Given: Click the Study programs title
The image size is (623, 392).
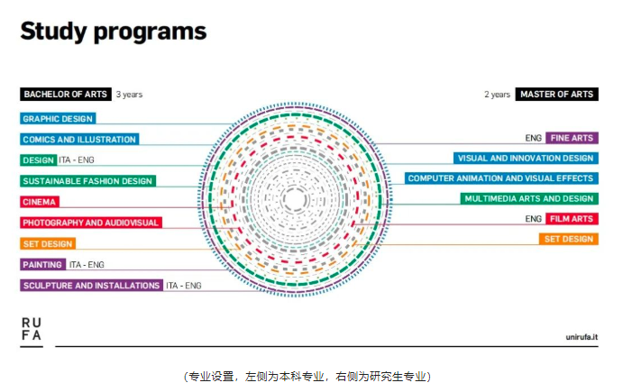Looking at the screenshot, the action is [114, 32].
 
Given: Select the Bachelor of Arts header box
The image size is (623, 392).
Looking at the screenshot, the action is [66, 94].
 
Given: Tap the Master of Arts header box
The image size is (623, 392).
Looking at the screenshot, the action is [556, 94].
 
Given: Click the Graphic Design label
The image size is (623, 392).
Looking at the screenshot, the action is [58, 118].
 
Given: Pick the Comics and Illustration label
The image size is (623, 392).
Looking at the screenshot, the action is [79, 139].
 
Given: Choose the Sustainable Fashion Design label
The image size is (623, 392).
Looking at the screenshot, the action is [87, 181].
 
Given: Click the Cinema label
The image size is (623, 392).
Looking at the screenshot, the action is [40, 201].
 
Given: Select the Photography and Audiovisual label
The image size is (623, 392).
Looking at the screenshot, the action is [91, 222].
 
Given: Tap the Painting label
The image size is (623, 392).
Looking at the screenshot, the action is [43, 264].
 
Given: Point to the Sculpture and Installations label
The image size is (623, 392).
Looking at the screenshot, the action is [91, 285].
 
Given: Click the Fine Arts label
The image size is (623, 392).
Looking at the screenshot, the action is [572, 138].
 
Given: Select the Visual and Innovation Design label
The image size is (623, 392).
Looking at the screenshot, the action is [526, 158].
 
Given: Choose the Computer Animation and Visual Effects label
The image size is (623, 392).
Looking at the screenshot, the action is [501, 178].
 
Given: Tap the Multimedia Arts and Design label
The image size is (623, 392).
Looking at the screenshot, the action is [529, 198].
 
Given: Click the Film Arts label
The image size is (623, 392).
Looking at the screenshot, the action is [572, 218].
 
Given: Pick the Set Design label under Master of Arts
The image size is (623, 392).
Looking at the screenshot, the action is [569, 239].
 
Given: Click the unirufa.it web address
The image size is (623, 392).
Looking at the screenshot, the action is [582, 337].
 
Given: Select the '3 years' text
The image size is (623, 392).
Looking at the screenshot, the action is [129, 95].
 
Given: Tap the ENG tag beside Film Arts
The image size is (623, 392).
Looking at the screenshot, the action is [533, 219].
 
